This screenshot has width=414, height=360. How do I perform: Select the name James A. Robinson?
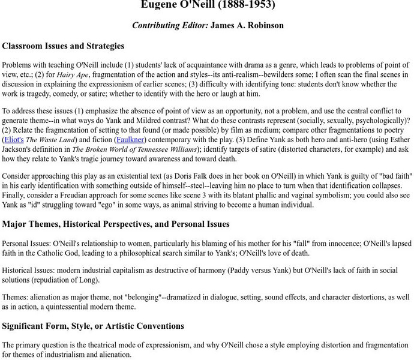pos(247,26)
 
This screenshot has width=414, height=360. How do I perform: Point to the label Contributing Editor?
pos(170,26)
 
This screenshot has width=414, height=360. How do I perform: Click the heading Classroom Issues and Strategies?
pos(63,46)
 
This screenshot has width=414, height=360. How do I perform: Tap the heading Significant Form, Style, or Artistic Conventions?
pos(93,326)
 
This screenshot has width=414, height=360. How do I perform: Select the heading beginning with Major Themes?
pos(116,224)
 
